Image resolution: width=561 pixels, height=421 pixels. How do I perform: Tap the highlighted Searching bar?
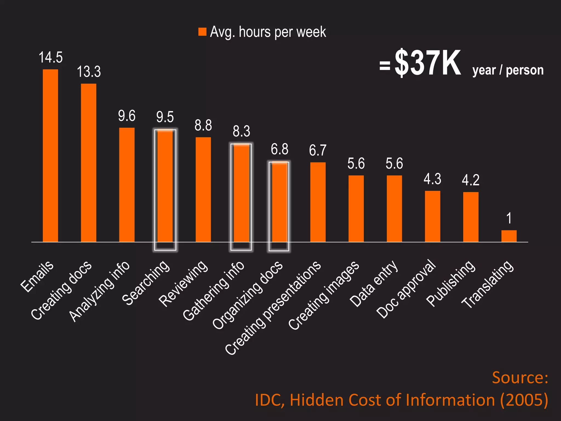point(165,189)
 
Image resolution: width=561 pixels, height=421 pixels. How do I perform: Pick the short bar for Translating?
point(509,236)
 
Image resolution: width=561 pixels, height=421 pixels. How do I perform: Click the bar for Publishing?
point(471,217)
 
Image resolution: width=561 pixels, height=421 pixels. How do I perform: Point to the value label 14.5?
point(51,58)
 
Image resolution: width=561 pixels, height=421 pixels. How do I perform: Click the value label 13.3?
point(89,72)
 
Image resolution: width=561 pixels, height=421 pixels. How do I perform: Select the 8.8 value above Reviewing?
point(203,126)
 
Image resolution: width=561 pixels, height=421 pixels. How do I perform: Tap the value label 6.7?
point(318,150)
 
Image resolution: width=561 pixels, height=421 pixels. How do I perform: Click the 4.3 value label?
point(433,179)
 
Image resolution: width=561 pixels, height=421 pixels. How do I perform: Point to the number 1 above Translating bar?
point(509,218)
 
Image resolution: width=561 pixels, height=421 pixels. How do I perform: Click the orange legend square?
point(202,32)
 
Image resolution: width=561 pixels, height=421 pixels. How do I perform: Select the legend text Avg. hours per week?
point(268,32)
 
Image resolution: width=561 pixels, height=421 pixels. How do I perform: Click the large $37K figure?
point(428,63)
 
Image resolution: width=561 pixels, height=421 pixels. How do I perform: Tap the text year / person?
point(508,70)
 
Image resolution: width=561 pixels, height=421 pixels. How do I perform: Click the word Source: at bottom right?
point(520,378)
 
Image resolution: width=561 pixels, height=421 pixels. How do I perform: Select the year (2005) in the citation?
point(524,400)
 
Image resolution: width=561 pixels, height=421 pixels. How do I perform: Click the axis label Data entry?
point(374,284)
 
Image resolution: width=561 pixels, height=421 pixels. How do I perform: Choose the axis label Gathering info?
point(213,291)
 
